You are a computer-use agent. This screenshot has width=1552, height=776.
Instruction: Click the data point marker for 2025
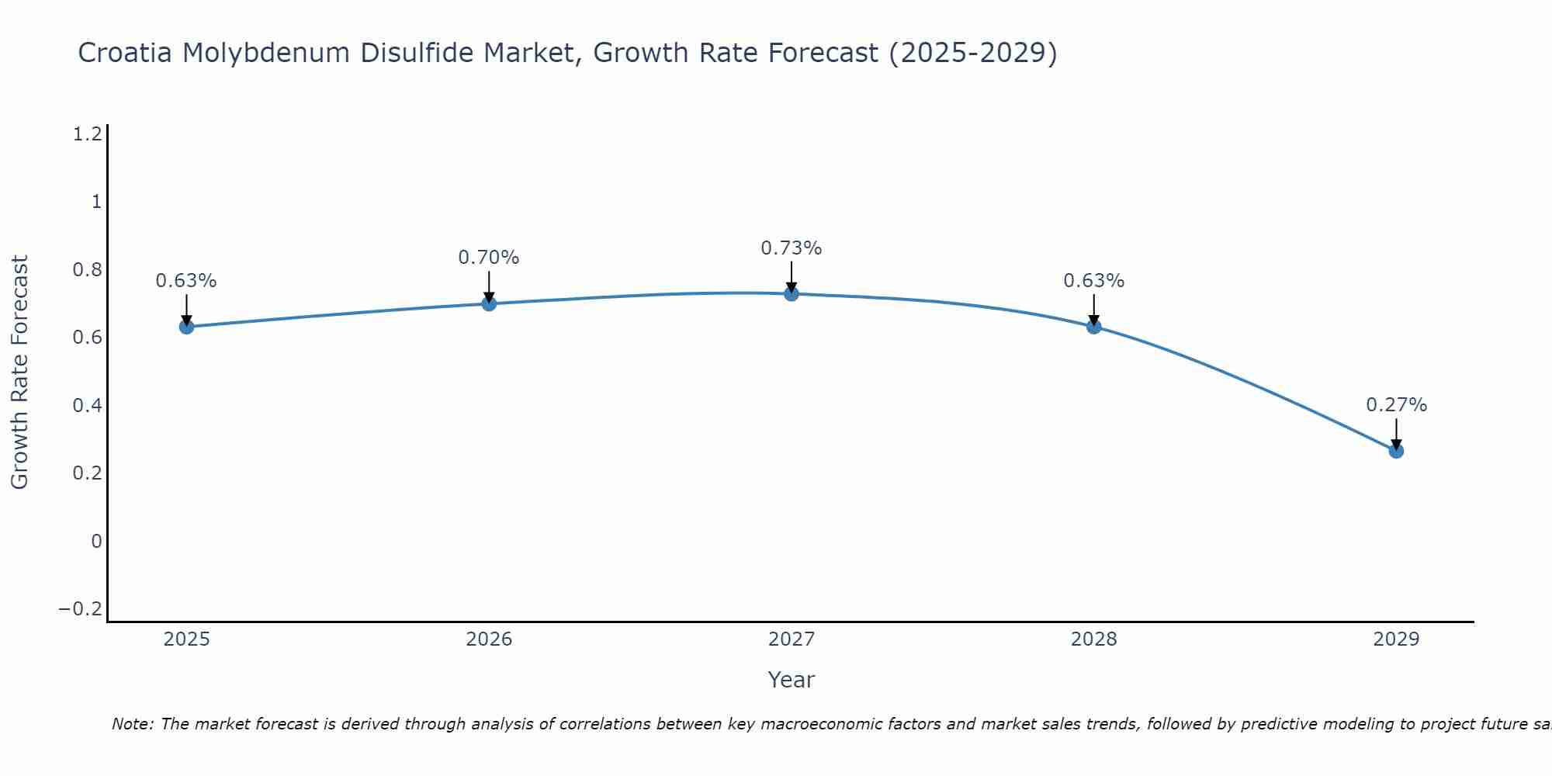186,327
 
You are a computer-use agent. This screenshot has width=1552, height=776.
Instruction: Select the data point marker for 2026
489,303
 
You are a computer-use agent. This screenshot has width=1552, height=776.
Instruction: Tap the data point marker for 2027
792,293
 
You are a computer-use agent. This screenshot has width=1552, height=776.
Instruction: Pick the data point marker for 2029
1396,451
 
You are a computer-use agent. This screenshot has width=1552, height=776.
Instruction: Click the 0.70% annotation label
488,258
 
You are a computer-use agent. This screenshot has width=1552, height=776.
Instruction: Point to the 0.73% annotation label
791,248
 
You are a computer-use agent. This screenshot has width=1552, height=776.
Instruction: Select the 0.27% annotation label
1396,405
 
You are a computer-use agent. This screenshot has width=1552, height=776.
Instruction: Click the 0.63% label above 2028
1093,281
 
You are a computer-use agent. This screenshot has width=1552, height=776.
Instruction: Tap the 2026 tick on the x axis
489,639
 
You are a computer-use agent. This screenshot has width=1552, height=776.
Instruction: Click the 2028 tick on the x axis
1093,639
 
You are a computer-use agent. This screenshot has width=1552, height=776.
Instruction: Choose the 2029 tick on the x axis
1396,639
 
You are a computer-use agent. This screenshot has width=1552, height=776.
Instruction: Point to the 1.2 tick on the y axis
87,135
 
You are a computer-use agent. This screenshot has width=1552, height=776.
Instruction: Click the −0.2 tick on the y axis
81,609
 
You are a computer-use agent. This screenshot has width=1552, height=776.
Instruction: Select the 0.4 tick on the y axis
87,406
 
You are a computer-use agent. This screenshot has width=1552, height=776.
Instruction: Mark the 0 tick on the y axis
96,542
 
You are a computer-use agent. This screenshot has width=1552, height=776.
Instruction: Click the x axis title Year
791,681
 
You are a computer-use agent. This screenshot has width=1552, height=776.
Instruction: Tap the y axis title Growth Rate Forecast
19,372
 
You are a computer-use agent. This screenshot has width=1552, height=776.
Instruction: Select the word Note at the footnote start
133,725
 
